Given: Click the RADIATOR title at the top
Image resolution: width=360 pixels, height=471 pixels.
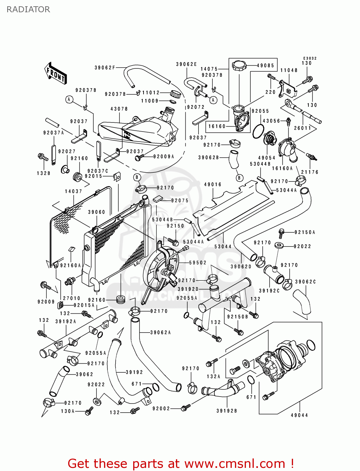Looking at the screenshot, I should pos(28,9).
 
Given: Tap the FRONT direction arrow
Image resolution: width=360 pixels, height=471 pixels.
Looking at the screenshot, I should pos(56,73).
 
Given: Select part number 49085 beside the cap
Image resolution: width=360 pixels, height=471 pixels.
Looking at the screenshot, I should pos(265,66).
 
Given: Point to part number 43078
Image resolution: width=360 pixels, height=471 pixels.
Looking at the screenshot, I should pos(119,109).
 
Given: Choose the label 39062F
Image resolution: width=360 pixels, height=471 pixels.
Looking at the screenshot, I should pos(105,68).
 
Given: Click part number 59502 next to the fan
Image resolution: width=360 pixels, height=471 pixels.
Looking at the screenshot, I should pos(198,263).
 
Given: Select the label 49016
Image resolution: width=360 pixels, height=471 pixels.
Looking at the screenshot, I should pos(213,185).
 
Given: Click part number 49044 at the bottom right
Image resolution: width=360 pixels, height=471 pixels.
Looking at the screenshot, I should pos(299,415).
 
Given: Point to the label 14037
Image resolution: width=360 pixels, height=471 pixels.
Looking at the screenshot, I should pos(74,191).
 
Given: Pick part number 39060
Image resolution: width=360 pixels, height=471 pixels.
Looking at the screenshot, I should pos(96,212).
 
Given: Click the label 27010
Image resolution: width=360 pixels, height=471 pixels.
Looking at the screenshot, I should pos(72,298).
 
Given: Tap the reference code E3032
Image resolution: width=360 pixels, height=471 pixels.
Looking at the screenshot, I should pos(310,58).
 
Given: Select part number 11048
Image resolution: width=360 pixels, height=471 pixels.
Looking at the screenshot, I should pos(289,70).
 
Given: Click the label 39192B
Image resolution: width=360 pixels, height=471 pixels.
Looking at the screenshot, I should pos(226,411).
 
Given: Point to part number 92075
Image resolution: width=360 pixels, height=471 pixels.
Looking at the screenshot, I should pos(180,201).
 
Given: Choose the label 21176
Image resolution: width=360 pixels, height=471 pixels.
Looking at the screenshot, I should pos(310,172).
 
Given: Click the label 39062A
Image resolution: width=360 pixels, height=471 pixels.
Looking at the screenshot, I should pos(160,333).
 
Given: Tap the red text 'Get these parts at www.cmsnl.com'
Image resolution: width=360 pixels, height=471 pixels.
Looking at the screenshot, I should pos(181,463).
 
